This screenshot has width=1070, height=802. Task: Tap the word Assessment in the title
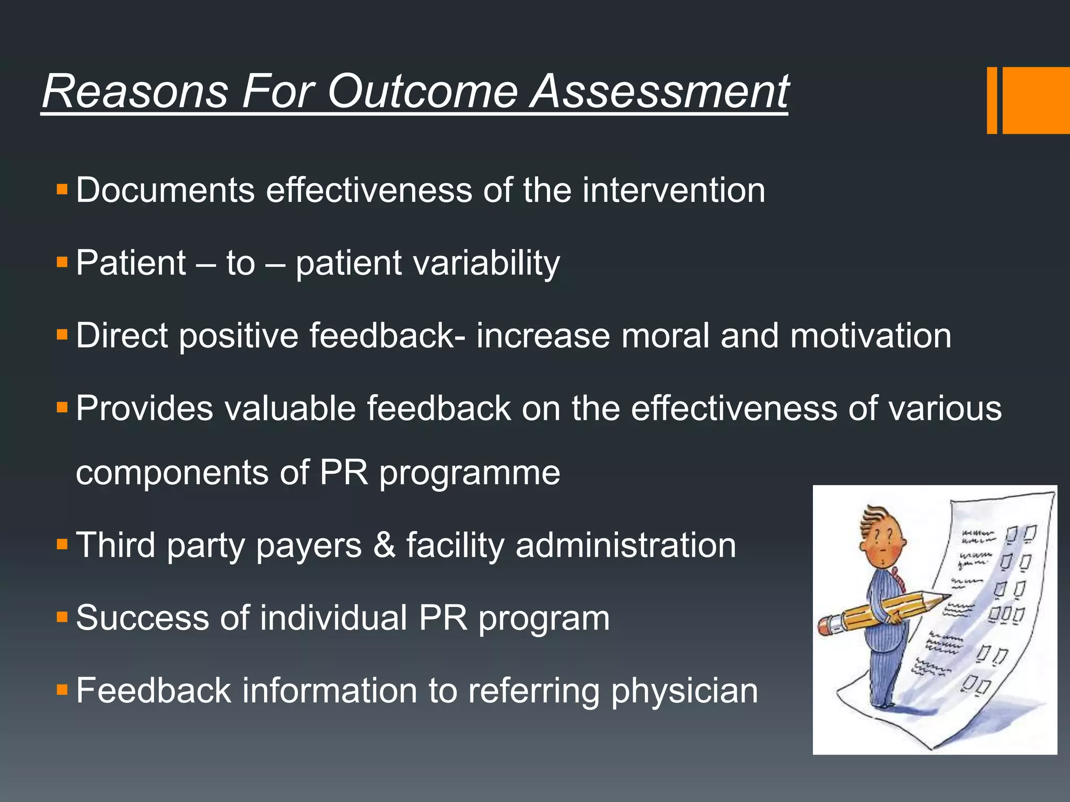[x=659, y=91]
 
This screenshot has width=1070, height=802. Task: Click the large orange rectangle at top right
[x=1036, y=100]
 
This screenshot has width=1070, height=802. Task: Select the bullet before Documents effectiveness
[x=62, y=189]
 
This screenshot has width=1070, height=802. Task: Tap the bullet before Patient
[x=62, y=262]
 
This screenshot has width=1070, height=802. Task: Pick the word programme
[x=469, y=473]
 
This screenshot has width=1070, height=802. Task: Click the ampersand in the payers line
[x=385, y=545]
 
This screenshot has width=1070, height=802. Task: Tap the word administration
[x=625, y=545]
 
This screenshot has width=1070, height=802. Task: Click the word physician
[x=684, y=691]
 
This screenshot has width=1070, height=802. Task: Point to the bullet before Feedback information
[x=62, y=690]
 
